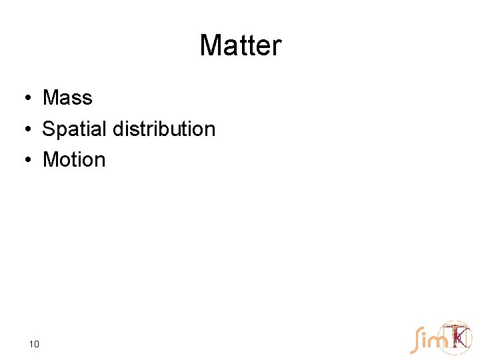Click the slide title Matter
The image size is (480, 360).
tap(240, 46)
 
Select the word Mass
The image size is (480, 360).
tap(67, 98)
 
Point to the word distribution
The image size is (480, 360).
tap(164, 129)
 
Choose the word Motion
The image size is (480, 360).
tap(74, 160)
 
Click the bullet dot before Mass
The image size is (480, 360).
tap(23, 99)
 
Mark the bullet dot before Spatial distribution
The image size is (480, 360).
tap(23, 129)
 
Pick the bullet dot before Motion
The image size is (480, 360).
tap(23, 161)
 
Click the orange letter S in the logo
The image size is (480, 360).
tap(415, 340)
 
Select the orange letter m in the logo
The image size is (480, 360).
tap(437, 341)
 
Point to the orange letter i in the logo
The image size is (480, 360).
tap(424, 340)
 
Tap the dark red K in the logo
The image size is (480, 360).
tap(459, 338)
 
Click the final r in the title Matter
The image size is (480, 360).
tap(277, 46)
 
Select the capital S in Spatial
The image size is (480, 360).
tap(49, 129)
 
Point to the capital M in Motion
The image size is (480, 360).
tap(50, 160)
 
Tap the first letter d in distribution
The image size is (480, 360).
tap(118, 129)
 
